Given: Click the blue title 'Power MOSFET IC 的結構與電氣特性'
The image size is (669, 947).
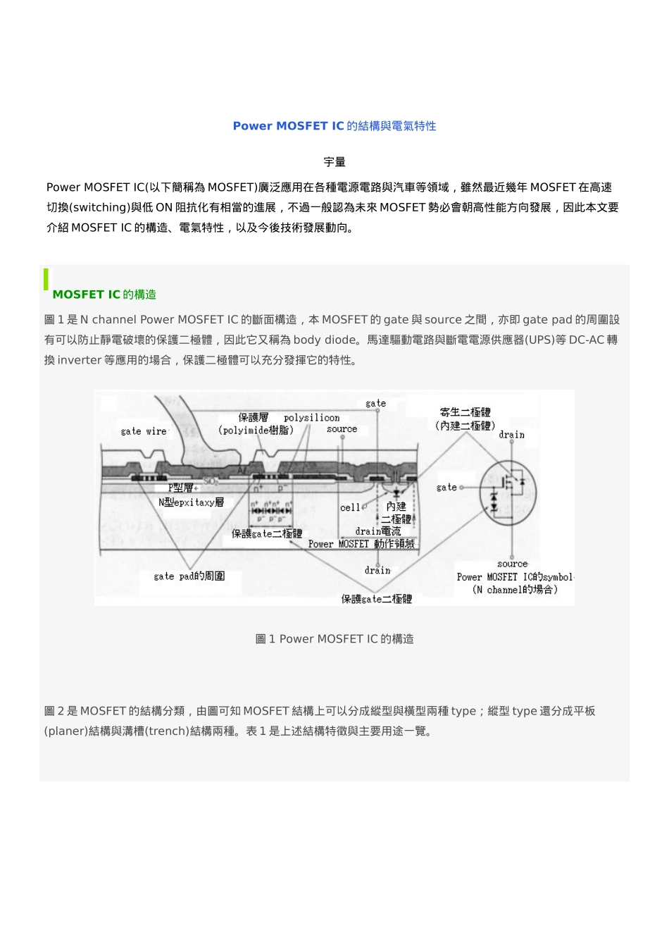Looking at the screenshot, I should [334, 126].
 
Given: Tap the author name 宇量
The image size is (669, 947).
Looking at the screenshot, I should [334, 162].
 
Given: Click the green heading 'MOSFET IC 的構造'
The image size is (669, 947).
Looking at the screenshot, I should [104, 295].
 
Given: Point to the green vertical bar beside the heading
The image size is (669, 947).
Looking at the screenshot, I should [46, 279].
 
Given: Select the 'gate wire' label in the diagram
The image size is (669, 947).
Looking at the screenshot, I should [144, 431].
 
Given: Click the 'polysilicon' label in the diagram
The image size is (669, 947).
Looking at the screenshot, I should [311, 418].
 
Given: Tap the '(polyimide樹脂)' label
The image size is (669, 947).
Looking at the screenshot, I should [256, 430].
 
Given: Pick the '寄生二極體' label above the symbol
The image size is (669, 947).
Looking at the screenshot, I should [465, 412].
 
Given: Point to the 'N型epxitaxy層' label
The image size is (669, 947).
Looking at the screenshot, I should [191, 502].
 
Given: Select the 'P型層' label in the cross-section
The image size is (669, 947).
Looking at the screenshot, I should [181, 488].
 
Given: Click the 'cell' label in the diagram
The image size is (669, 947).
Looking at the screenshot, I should [350, 507].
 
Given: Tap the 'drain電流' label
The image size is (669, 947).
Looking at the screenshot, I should [377, 531].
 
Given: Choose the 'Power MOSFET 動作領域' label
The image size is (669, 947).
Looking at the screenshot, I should [362, 544].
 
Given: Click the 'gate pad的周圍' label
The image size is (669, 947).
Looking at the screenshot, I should [189, 576].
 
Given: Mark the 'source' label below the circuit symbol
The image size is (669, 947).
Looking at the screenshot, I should [512, 564].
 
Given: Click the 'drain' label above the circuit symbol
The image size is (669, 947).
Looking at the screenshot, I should [511, 435].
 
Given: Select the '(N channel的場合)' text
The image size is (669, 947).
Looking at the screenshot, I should [515, 590].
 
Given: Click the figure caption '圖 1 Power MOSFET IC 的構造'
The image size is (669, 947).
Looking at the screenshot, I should [334, 639].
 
